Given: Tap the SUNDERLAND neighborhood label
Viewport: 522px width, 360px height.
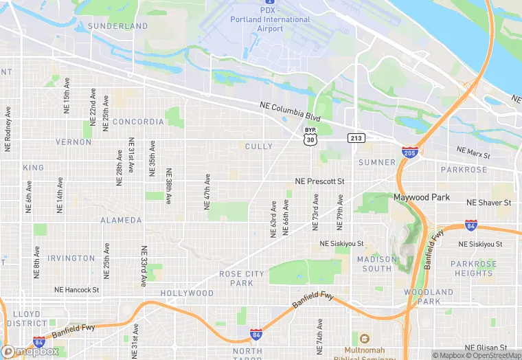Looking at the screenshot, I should click(x=118, y=26).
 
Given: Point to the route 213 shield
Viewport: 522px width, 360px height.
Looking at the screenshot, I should click(x=355, y=138).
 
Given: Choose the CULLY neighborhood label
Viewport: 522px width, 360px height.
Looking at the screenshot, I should click(x=259, y=146).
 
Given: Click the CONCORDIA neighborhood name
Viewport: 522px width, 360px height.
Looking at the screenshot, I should click(x=138, y=122).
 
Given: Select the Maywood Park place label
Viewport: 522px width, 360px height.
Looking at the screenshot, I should click(x=421, y=197).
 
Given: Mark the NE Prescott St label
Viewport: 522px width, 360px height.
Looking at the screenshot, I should click(x=319, y=181).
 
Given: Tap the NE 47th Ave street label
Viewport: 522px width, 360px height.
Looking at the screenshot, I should click(x=206, y=191).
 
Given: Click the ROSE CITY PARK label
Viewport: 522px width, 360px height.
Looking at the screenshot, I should click(x=241, y=278).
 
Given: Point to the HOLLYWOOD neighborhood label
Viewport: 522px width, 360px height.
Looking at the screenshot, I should click(x=187, y=293).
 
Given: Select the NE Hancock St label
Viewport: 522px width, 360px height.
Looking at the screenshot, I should click(x=77, y=291).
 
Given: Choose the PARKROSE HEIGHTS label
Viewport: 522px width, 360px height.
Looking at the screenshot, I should click(x=474, y=269).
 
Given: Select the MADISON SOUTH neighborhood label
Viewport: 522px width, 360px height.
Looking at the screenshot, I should click(x=377, y=264).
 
